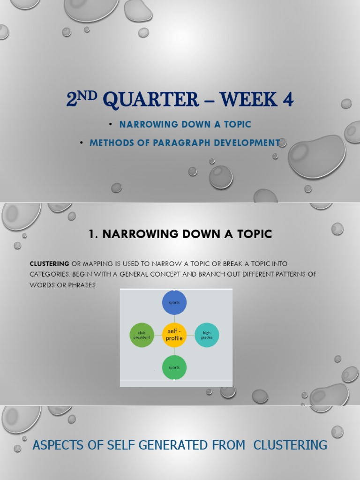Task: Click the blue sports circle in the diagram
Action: pos(174,302)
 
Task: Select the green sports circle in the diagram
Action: pos(174,367)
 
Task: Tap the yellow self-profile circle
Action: pos(174,335)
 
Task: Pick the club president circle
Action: pos(142,335)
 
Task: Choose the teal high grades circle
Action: pos(207,335)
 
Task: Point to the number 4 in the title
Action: pos(287,99)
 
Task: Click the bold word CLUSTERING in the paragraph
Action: pos(50,264)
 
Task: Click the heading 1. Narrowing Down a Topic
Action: pos(180,234)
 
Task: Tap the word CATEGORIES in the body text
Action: pos(50,275)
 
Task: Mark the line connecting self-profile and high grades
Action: pos(190,335)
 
